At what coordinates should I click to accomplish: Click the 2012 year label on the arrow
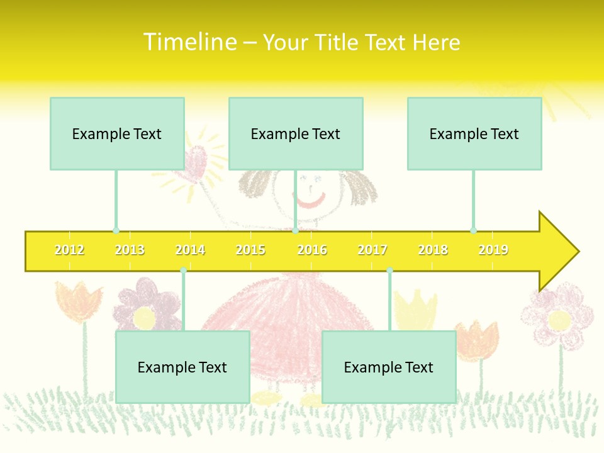(69, 250)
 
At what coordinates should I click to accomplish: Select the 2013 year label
(130, 250)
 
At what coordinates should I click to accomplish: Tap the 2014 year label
(190, 250)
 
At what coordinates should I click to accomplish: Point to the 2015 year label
(250, 250)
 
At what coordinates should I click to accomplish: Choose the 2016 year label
(312, 250)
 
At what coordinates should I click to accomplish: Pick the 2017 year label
(372, 250)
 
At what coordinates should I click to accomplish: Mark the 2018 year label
(433, 250)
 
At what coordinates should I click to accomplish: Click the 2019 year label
(493, 250)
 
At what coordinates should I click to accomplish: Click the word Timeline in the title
(189, 42)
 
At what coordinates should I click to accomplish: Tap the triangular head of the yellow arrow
(557, 252)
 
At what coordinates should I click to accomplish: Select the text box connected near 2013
(117, 133)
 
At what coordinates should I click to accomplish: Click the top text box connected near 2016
(296, 133)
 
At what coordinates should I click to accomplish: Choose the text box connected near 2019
(474, 133)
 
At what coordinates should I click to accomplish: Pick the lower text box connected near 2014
(182, 367)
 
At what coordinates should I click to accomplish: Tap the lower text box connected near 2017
(389, 367)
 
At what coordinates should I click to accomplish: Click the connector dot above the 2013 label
(116, 231)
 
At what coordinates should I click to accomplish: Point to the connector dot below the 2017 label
(389, 271)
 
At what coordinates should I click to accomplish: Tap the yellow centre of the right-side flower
(559, 320)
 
